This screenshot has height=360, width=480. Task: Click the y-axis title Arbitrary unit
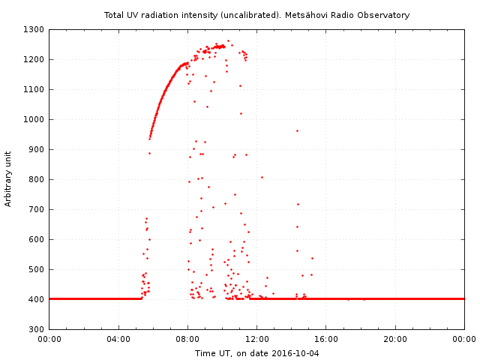[8, 179]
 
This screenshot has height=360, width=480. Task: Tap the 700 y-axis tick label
[37, 210]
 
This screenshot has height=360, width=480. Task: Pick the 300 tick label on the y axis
[37, 330]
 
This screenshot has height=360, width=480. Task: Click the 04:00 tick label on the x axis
[118, 340]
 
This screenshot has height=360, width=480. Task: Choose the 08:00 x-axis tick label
[187, 340]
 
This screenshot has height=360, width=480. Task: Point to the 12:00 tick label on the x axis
[257, 340]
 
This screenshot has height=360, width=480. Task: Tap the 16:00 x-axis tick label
[326, 340]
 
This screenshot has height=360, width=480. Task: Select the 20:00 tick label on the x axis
[395, 340]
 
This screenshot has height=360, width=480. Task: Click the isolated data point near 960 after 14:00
[297, 130]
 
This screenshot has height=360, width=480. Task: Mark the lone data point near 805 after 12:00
[262, 177]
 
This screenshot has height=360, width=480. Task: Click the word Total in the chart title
[114, 15]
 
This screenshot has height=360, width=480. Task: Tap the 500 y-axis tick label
[37, 270]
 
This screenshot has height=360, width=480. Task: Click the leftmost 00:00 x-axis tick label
[49, 340]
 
